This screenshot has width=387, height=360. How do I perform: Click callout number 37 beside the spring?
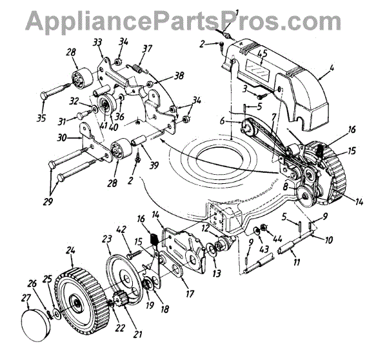coord(147,48)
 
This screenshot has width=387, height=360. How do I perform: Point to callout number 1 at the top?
coord(237,12)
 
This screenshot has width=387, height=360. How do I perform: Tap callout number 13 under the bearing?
coord(216,274)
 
